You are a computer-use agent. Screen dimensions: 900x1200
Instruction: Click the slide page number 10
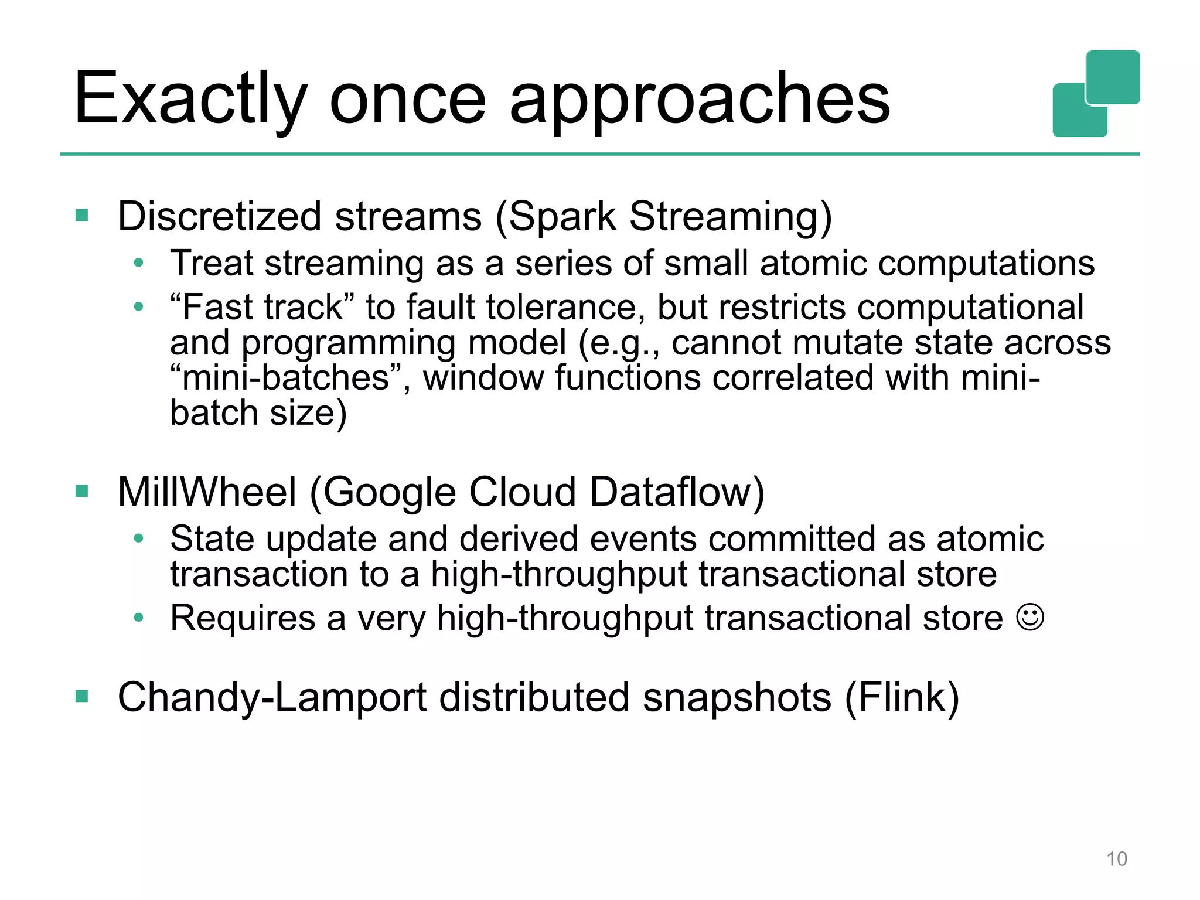pos(1116,859)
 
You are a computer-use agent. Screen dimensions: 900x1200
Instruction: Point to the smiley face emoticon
pos(1030,618)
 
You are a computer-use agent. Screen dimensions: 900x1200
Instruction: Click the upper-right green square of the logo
pos(1112,76)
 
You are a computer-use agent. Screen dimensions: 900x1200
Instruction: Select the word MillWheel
pos(207,492)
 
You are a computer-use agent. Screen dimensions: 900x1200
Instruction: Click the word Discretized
pos(219,216)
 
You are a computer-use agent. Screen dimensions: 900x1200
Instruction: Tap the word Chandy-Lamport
pos(272,697)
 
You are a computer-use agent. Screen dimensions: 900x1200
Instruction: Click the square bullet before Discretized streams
pos(81,216)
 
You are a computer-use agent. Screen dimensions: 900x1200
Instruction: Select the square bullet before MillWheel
pos(81,491)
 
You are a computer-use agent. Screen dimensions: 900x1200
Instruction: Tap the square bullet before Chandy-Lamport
pos(81,697)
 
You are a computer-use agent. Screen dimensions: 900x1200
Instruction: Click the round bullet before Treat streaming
pos(138,263)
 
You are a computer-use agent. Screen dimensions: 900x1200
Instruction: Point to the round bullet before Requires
pos(138,618)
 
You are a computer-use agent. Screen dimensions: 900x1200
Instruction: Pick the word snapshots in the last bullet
pos(737,697)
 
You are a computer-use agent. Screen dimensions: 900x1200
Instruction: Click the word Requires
pos(243,618)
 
